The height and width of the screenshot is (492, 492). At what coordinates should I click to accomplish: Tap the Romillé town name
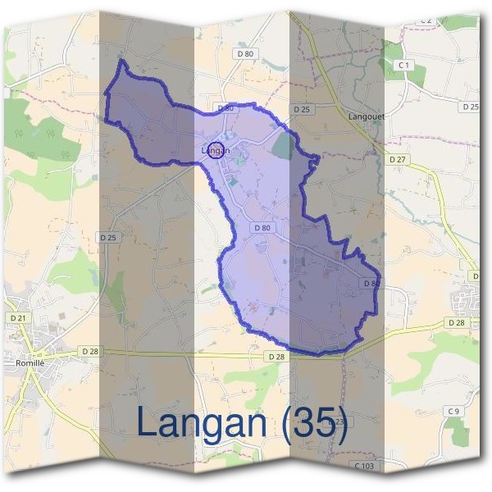(x=29, y=362)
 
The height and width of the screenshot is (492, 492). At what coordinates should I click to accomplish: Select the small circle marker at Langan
(x=216, y=149)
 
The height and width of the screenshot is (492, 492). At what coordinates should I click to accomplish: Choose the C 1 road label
(x=403, y=64)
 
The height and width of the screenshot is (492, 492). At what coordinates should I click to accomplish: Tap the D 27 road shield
(x=398, y=159)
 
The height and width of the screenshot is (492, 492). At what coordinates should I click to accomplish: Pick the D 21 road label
(x=17, y=317)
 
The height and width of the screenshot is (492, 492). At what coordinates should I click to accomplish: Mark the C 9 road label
(x=453, y=410)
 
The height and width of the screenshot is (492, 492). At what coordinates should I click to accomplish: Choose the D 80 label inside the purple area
(x=262, y=227)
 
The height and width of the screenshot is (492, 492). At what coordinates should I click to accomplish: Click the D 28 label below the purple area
(x=276, y=357)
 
